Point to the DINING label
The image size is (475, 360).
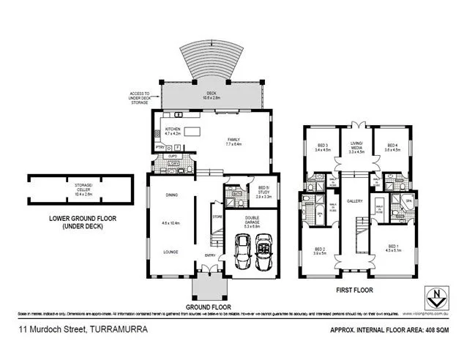(171, 195)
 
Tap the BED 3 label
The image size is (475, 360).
(323, 146)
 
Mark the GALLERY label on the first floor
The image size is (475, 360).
(355, 201)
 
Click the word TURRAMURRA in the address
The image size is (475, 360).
(117, 331)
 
